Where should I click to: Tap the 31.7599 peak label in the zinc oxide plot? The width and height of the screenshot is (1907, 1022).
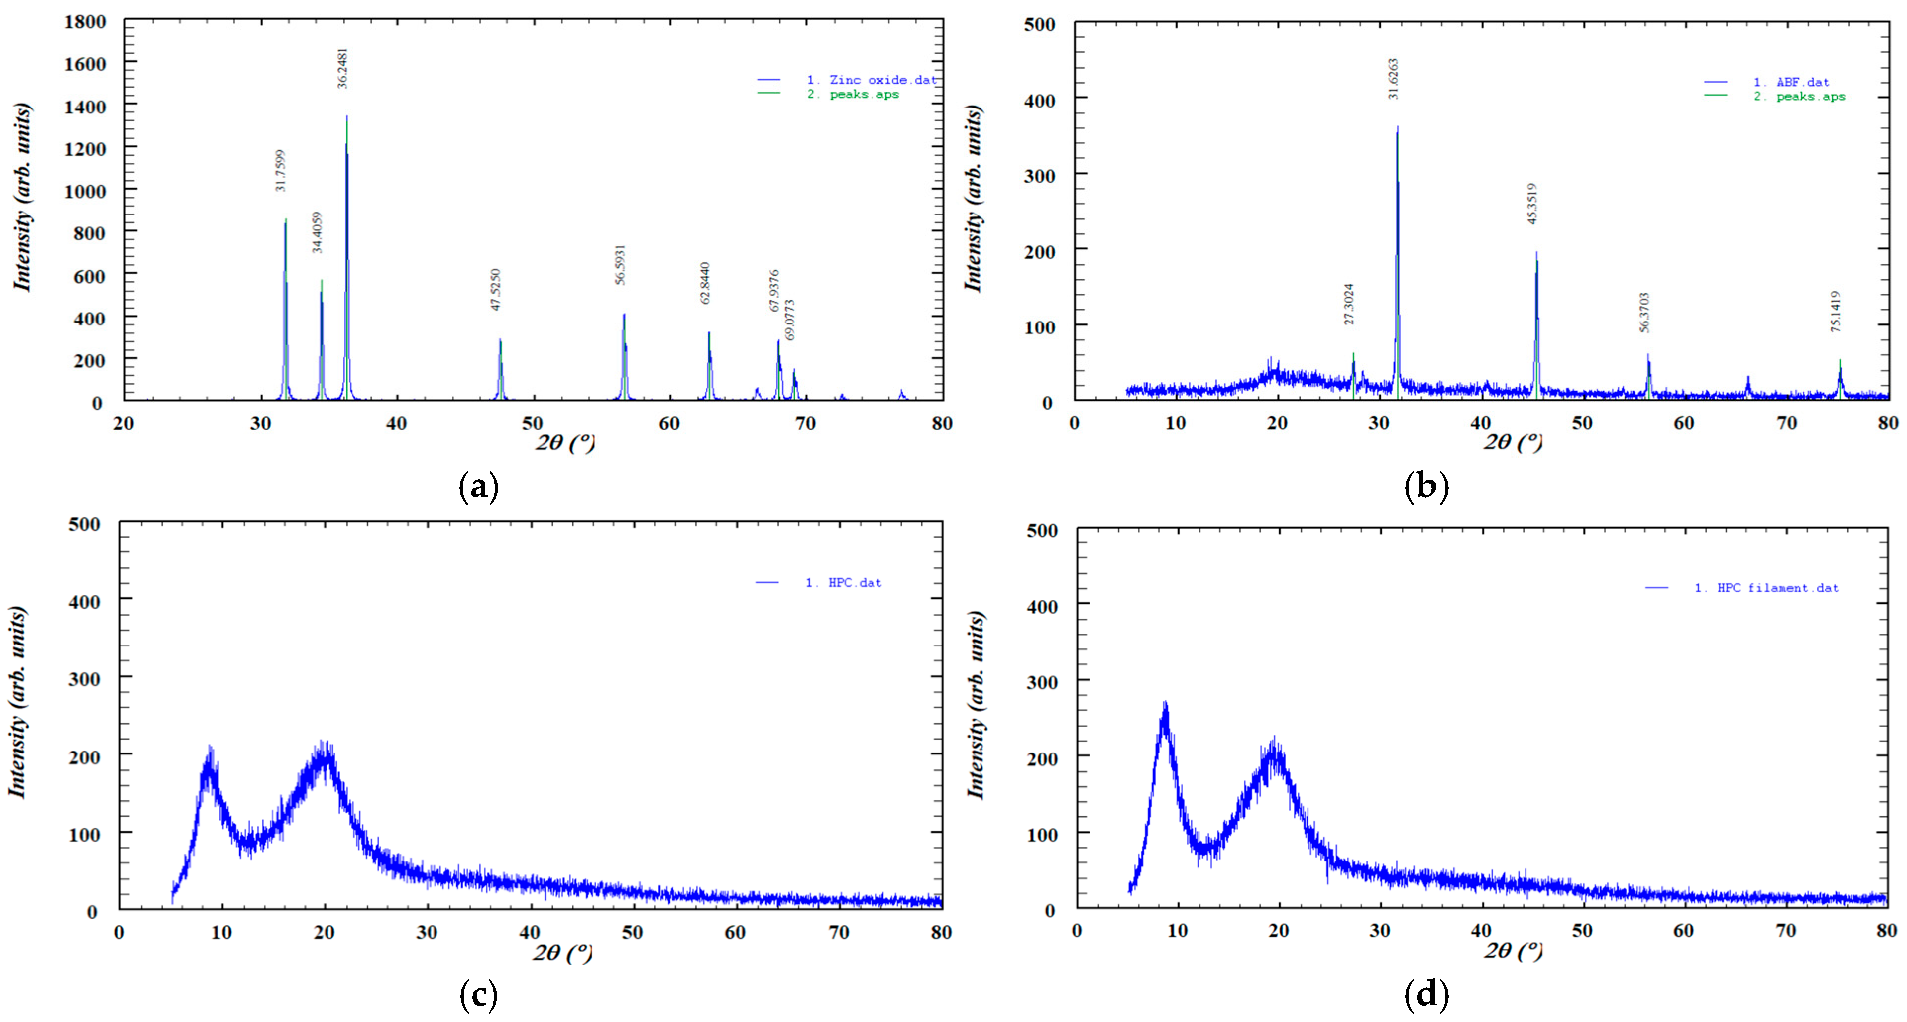280,171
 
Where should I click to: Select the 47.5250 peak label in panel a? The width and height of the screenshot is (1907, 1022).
495,289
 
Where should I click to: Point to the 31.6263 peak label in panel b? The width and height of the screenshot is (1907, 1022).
1393,78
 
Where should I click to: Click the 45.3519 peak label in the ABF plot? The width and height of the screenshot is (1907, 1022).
1531,204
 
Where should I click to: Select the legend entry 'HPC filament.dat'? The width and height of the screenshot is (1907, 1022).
1777,588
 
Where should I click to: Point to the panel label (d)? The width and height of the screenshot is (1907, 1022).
1426,994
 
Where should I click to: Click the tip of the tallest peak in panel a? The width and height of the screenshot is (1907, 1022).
346,117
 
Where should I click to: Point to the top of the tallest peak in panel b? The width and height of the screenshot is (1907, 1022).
1397,127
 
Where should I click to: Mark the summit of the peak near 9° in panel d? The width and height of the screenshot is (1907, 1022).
1164,703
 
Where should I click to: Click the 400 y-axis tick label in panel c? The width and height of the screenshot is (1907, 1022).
84,601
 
